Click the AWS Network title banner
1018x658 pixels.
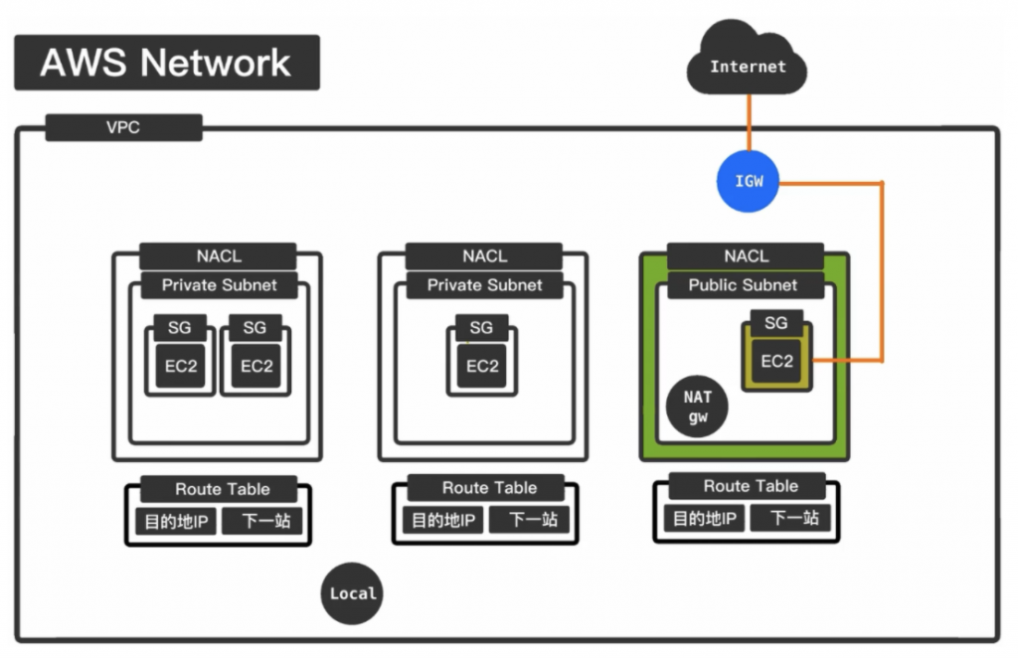point(166,63)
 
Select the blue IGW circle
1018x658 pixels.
point(749,182)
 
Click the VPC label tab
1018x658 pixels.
point(123,128)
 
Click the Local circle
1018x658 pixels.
point(353,593)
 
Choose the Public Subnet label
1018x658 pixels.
point(743,285)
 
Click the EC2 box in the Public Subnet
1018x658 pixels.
point(776,361)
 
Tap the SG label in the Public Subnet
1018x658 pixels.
point(775,323)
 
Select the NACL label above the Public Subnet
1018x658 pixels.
point(746,256)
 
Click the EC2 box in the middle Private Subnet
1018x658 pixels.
point(482,366)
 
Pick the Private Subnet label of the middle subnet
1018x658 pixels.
point(484,285)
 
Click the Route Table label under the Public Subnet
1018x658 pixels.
point(751,486)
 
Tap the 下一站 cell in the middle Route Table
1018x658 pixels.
point(533,520)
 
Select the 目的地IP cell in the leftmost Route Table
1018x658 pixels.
point(175,520)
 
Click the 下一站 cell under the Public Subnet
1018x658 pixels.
point(794,518)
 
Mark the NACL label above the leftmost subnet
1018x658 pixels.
point(218,256)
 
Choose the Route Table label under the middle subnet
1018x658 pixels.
point(489,488)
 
